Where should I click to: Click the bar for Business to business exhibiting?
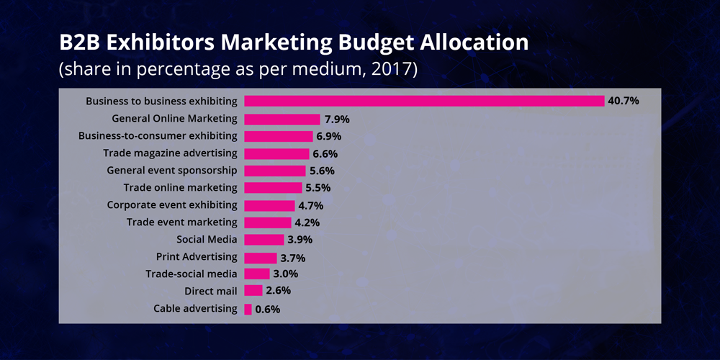424,101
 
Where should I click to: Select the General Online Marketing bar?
282,119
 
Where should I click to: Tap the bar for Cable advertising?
248,309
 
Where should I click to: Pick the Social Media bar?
264,240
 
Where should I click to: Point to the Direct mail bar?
253,291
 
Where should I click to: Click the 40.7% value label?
624,101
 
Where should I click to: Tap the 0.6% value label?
268,309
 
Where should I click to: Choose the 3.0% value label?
286,274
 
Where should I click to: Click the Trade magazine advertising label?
170,153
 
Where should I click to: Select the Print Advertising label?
197,256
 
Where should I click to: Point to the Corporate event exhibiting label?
171,204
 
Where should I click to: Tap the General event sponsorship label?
172,171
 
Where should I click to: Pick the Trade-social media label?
191,274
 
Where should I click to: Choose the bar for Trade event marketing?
268,222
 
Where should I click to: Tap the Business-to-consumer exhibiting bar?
279,136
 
